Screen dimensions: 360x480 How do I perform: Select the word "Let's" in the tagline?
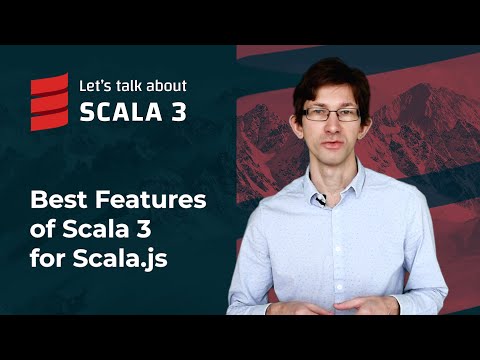[x=97, y=86]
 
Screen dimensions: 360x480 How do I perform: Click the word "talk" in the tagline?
[x=130, y=86]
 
